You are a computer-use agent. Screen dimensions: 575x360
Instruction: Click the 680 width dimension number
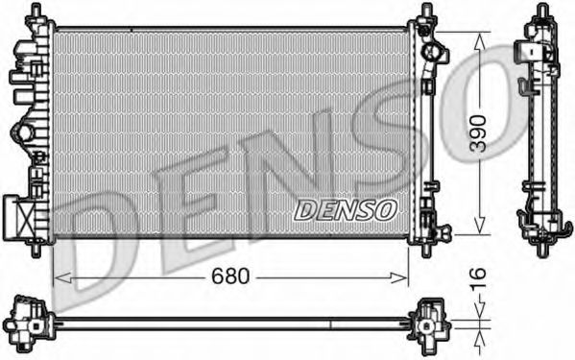[230, 276]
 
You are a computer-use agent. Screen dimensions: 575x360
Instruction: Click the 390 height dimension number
[479, 133]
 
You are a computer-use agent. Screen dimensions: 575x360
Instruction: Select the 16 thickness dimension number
[479, 278]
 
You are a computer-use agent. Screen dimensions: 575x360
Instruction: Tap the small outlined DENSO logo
[346, 210]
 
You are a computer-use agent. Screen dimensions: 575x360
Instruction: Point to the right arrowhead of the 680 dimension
[399, 277]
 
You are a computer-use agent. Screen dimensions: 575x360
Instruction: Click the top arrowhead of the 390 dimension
[480, 41]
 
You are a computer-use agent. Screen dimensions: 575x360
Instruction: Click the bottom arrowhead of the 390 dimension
[480, 225]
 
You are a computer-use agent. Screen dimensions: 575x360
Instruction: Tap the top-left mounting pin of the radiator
[36, 10]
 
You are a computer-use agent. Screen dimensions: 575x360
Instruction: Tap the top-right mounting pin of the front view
[426, 10]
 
